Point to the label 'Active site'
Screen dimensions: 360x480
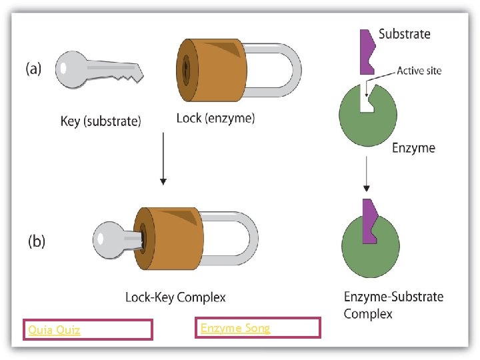pyautogui.click(x=418, y=71)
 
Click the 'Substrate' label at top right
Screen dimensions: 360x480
pyautogui.click(x=404, y=33)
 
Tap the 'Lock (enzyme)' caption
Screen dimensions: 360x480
pyautogui.click(x=215, y=119)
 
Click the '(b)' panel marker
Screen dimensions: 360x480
pyautogui.click(x=35, y=241)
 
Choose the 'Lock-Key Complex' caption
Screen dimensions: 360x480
pyautogui.click(x=175, y=297)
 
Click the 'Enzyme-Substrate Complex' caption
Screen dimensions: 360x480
pyautogui.click(x=393, y=305)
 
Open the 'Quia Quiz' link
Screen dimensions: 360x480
pyautogui.click(x=54, y=330)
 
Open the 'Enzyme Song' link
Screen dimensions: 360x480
pyautogui.click(x=235, y=327)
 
